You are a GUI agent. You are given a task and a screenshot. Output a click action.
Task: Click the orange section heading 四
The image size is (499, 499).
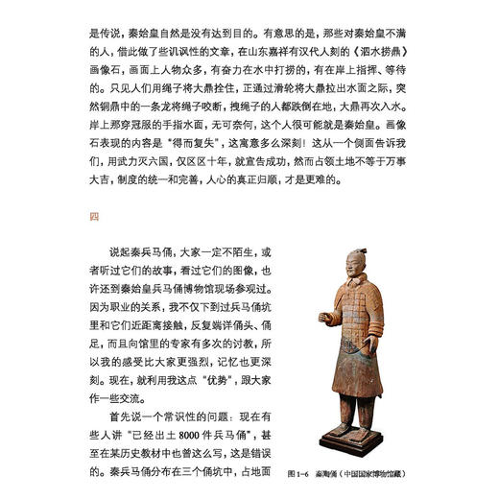point(93,217)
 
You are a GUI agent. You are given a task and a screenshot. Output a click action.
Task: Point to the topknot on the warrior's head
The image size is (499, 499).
point(359,249)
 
